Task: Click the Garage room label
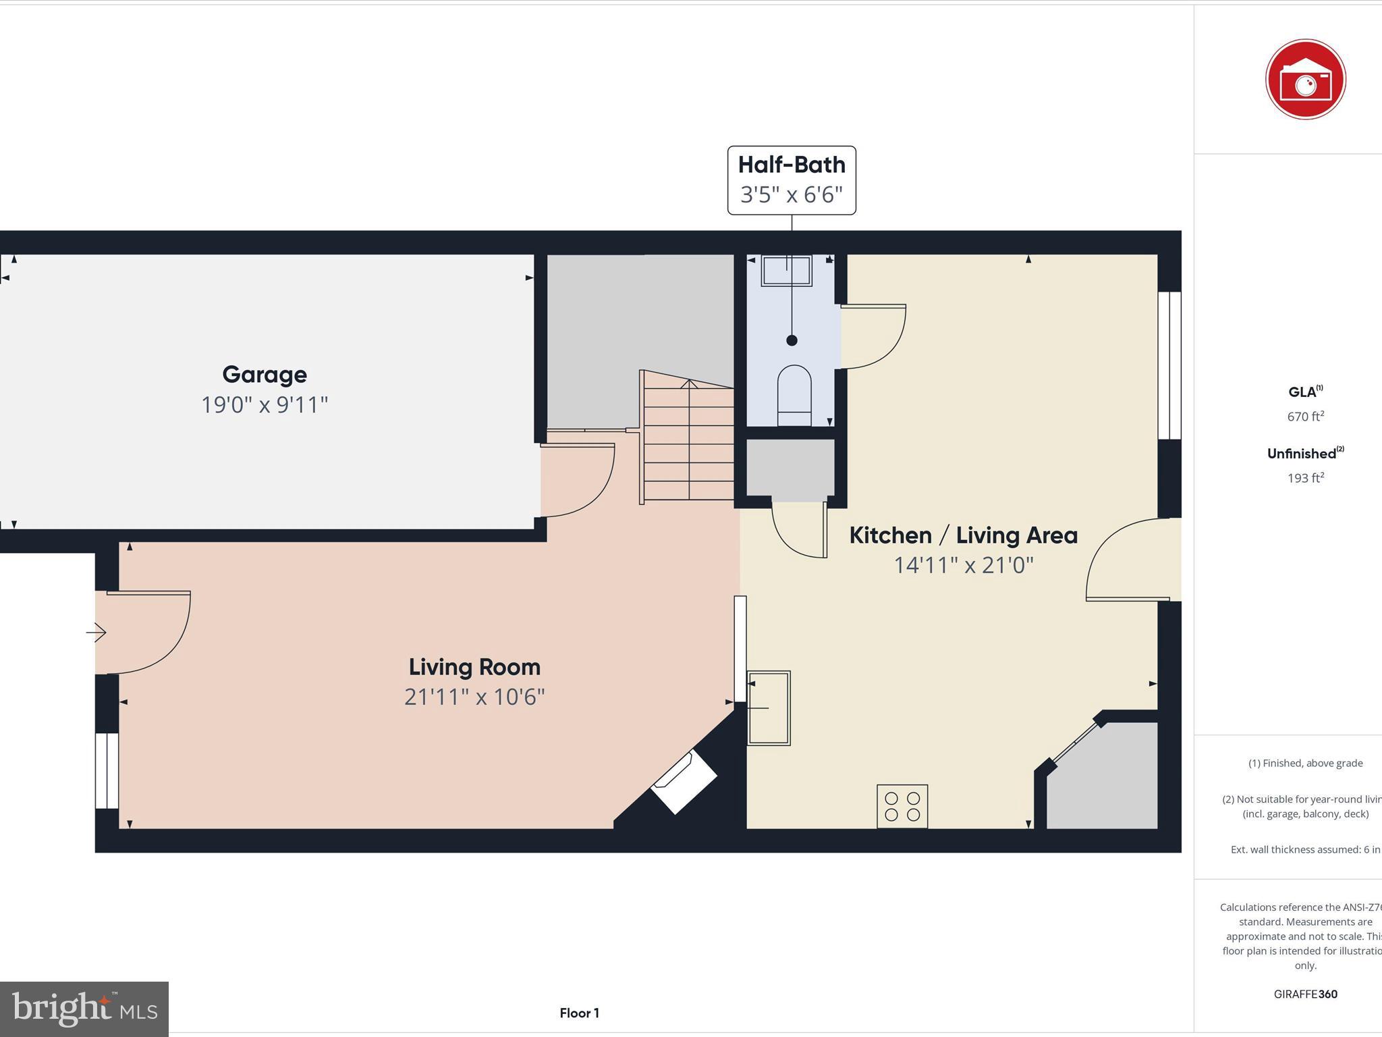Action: point(265,375)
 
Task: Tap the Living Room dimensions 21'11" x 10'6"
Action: point(474,697)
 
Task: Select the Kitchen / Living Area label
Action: point(963,535)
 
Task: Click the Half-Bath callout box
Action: point(792,180)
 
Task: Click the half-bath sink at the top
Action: point(786,271)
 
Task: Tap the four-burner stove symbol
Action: point(902,806)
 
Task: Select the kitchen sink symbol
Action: point(769,708)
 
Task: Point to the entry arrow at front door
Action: point(96,633)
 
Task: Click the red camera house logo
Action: point(1305,80)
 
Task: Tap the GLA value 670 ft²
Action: point(1305,417)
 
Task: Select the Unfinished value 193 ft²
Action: point(1305,478)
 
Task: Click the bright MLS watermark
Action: point(84,1009)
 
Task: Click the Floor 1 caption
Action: point(579,1013)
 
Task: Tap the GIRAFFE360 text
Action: point(1305,994)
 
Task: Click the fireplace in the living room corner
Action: point(684,783)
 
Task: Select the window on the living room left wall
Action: point(107,770)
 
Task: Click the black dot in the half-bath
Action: point(792,340)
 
